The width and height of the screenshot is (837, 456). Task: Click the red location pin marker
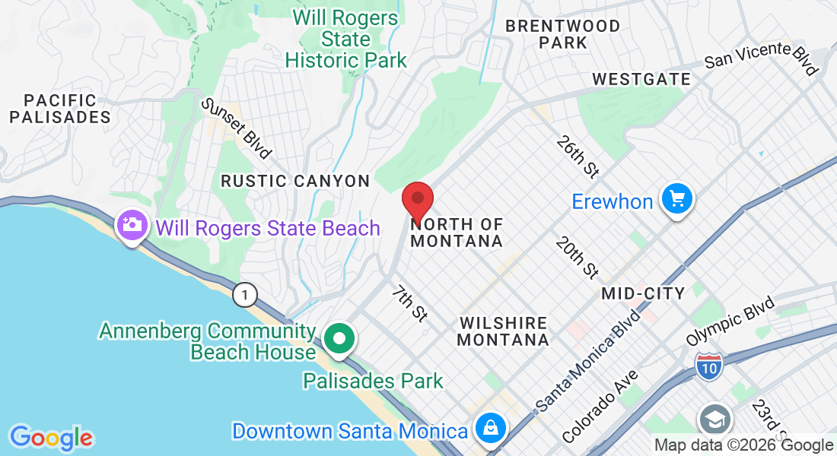[418, 200]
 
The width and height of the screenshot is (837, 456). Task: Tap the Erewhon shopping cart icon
[676, 200]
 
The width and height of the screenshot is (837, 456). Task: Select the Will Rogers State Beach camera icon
[132, 225]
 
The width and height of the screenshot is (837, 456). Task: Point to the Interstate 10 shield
[708, 366]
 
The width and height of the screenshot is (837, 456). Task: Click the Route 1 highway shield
[245, 295]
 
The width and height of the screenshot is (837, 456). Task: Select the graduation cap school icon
[715, 419]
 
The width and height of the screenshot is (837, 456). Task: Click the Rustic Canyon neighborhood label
[295, 181]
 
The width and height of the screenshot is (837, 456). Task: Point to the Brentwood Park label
[563, 34]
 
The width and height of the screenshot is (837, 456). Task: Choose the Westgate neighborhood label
[641, 79]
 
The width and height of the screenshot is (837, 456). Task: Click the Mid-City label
[643, 293]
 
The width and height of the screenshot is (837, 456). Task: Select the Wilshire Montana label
[503, 331]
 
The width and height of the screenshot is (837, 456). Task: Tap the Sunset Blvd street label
[236, 128]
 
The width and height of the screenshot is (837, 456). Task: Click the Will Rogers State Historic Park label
[346, 39]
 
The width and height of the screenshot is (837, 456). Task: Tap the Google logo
[51, 437]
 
